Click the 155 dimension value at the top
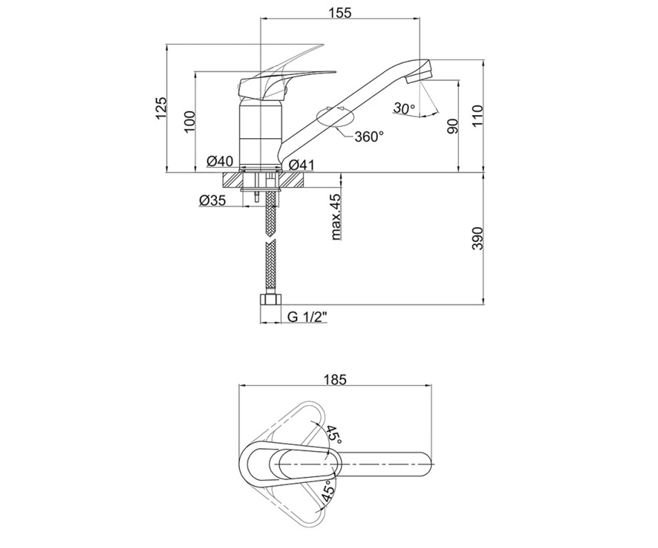[x=340, y=13]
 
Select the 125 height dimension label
[x=161, y=108]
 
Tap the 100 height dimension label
[x=190, y=122]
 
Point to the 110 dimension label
[x=478, y=116]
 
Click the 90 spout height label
[x=452, y=126]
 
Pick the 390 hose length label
[x=478, y=238]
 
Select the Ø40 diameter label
[x=220, y=162]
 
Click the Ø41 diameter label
[x=302, y=165]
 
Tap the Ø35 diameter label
[x=212, y=200]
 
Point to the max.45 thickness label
[x=336, y=217]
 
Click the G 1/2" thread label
[x=307, y=317]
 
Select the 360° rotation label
[x=370, y=136]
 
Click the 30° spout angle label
[x=404, y=108]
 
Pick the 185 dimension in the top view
[x=335, y=380]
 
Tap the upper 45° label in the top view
[x=333, y=434]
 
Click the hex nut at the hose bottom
[x=270, y=300]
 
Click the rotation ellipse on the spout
[x=335, y=117]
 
